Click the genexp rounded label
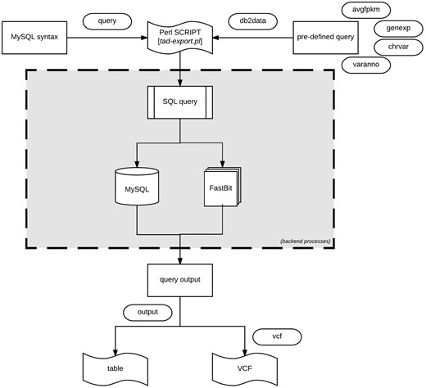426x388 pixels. click(392, 28)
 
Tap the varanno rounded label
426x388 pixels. click(366, 64)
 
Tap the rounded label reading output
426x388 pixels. click(148, 312)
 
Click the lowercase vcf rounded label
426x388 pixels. click(278, 336)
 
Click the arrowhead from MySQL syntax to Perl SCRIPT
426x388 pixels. click(143, 38)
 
